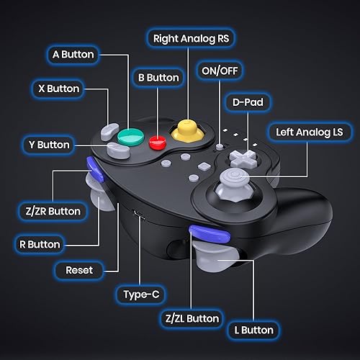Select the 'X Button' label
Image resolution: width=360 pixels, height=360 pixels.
(x=58, y=89)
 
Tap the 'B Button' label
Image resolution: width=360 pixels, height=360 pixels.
(x=157, y=77)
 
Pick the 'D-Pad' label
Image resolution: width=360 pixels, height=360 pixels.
(x=247, y=102)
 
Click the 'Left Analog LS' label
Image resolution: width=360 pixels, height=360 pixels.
(x=310, y=132)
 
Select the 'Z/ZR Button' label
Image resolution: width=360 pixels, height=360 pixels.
(x=49, y=212)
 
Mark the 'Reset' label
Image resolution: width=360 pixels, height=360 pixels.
(x=79, y=269)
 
